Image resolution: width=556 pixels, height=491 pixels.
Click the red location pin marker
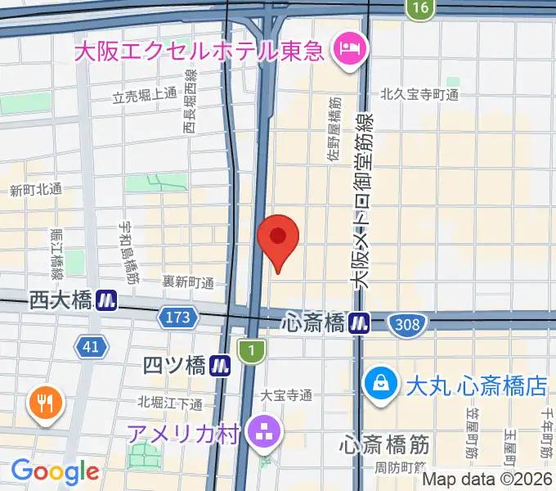[278, 238]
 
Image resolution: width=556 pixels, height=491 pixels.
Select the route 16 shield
[419, 8]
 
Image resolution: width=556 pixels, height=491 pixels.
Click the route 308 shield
[406, 324]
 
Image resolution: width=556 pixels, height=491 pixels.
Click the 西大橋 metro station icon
[105, 301]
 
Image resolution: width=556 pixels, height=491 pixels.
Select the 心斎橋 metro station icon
[359, 323]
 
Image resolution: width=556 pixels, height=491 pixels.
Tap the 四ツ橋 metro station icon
[218, 365]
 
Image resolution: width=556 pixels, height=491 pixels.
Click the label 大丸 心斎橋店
[478, 382]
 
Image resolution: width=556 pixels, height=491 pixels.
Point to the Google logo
[55, 471]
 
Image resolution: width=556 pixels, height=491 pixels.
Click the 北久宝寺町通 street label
[419, 95]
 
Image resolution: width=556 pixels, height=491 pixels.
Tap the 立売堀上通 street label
[144, 95]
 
